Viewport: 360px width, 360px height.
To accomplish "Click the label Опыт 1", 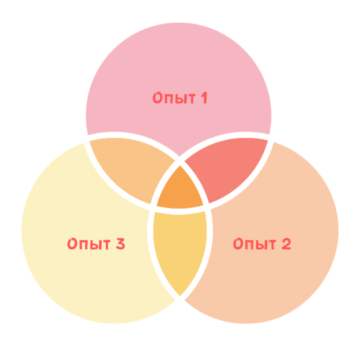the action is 180,98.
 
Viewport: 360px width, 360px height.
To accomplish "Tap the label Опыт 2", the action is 262,243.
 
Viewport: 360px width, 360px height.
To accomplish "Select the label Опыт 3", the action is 96,243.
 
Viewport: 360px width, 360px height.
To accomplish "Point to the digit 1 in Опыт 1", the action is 205,98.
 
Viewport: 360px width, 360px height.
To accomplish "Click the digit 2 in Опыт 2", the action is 286,243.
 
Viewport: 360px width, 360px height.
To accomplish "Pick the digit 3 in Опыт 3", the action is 121,243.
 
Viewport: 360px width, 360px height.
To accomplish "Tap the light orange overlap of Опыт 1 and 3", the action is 132,167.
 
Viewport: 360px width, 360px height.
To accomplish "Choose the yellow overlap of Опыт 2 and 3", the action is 180,250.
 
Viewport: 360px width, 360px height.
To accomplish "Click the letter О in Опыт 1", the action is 157,98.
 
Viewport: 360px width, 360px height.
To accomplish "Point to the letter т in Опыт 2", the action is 271,245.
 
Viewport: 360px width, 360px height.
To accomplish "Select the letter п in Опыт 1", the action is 169,99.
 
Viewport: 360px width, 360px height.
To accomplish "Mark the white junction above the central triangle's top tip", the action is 180,161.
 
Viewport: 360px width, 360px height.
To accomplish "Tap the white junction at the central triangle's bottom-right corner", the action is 207,207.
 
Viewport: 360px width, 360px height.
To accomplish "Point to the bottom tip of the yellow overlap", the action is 180,296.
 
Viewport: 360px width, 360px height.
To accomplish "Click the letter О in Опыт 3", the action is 72,244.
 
